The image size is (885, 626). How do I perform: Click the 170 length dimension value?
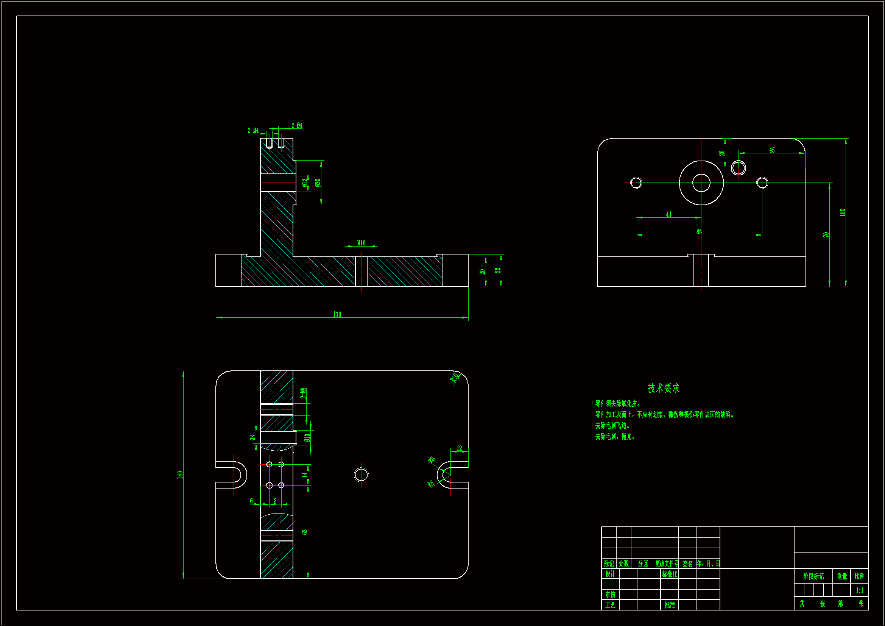pos(337,314)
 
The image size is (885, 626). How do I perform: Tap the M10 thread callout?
pos(361,243)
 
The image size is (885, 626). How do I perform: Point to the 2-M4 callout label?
pos(253,131)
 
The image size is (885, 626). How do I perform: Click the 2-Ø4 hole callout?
pos(297,126)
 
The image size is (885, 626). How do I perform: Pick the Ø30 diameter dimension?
pos(318,183)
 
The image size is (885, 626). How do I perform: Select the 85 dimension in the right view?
pos(699,231)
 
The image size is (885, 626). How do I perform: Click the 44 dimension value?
pos(669,214)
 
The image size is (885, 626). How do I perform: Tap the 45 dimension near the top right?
pos(772,150)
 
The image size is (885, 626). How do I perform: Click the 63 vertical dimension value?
pos(305,532)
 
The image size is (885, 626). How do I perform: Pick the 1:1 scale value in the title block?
pos(860,590)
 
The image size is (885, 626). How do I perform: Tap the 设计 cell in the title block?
pos(610,574)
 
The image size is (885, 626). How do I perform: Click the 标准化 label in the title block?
pos(670,574)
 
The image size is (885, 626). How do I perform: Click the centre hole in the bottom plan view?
pos(361,475)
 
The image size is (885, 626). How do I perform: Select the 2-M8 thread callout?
pos(303,393)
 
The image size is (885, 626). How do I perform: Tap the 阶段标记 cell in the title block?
pos(813,576)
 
